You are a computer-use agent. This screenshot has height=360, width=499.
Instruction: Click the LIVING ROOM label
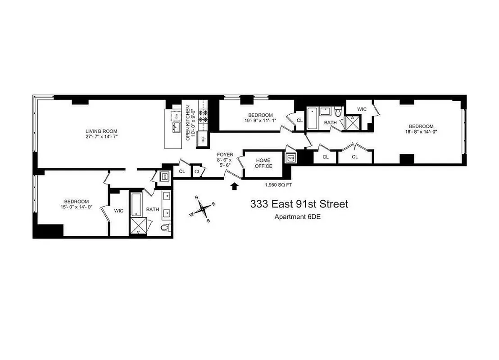(x=101, y=131)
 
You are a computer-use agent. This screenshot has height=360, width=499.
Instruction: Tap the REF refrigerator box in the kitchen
(x=203, y=139)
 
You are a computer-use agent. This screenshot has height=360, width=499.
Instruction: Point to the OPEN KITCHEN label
(x=191, y=123)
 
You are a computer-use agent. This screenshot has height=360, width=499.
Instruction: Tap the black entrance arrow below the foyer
(x=234, y=186)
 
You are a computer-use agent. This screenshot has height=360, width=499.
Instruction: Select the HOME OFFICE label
(x=264, y=163)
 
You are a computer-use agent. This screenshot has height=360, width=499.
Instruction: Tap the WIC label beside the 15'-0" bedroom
(x=119, y=210)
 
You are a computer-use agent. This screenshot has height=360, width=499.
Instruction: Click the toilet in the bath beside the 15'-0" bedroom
(x=166, y=228)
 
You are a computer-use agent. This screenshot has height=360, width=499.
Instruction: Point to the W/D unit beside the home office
(x=291, y=158)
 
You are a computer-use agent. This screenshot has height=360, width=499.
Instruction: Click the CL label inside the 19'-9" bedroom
(x=299, y=120)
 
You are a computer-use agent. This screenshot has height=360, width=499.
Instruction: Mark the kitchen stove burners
(x=203, y=117)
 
